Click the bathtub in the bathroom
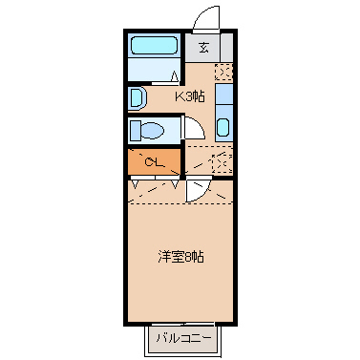click(x=153, y=46)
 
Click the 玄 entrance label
click(x=203, y=50)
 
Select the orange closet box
click(x=154, y=161)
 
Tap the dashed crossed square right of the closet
click(x=222, y=163)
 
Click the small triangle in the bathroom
click(x=174, y=74)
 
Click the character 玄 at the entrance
click(x=203, y=50)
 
